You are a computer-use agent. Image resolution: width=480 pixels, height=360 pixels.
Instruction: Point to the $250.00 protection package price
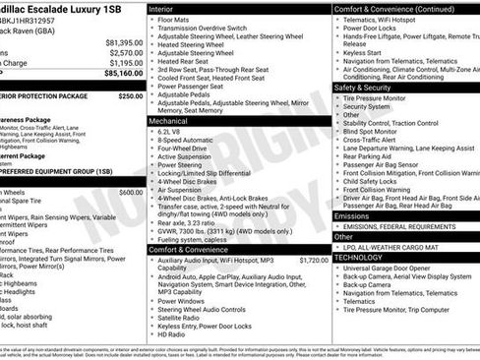130,96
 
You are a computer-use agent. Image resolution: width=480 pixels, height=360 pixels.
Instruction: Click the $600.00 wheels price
131,192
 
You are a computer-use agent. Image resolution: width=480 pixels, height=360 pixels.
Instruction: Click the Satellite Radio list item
184,317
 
